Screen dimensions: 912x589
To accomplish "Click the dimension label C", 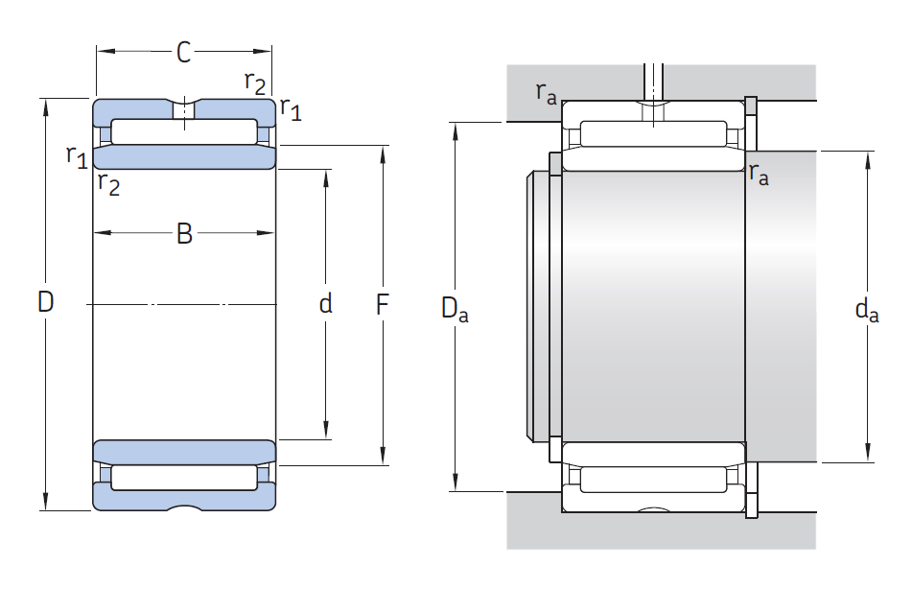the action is tap(184, 53).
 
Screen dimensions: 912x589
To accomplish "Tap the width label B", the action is tap(184, 233).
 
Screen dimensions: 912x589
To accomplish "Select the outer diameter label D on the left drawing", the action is tap(45, 302).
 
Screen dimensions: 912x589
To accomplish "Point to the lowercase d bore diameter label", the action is tap(326, 303).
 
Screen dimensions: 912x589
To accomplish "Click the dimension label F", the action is tap(382, 304).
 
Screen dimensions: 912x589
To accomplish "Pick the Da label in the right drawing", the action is tap(455, 309).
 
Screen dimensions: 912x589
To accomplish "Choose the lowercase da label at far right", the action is tap(867, 309).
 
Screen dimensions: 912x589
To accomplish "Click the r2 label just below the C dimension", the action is tap(255, 82).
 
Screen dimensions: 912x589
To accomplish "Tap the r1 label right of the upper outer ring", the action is tap(291, 108).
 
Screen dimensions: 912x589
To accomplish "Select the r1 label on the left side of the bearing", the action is tap(77, 156).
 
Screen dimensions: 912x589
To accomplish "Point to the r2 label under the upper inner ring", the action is tap(108, 183).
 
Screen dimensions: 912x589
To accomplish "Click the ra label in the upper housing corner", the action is tap(547, 93).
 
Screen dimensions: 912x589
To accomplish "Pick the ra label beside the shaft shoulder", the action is tap(759, 174).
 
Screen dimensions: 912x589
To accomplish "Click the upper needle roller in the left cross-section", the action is tap(184, 131).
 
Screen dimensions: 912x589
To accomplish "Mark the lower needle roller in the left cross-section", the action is tap(184, 478).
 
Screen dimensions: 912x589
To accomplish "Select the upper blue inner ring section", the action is tap(184, 157).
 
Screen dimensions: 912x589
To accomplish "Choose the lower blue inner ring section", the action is tap(184, 452).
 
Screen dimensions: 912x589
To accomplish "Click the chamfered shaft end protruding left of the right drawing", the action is tap(538, 305).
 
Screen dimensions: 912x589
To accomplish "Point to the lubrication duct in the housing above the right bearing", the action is tap(654, 82).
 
